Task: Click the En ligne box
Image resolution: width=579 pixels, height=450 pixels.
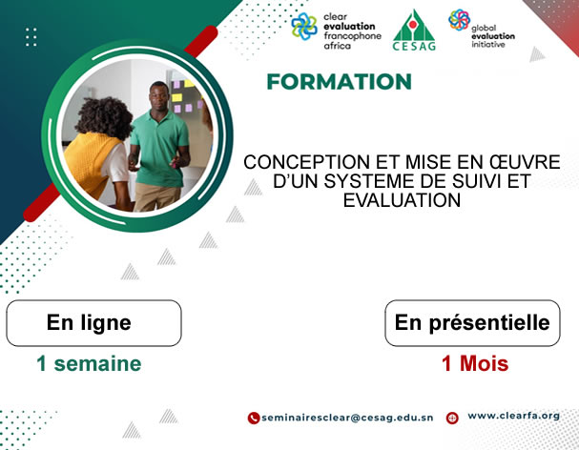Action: click(93, 323)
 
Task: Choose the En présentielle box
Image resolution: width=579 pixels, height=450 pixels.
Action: click(472, 323)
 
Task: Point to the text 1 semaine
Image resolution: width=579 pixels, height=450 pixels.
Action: click(89, 363)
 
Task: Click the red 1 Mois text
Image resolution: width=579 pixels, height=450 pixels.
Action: click(474, 363)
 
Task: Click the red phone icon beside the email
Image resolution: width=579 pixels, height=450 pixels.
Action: click(254, 418)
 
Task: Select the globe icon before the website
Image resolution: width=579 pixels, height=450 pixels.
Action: click(452, 418)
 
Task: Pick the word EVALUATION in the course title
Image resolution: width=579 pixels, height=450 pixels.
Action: click(401, 200)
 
